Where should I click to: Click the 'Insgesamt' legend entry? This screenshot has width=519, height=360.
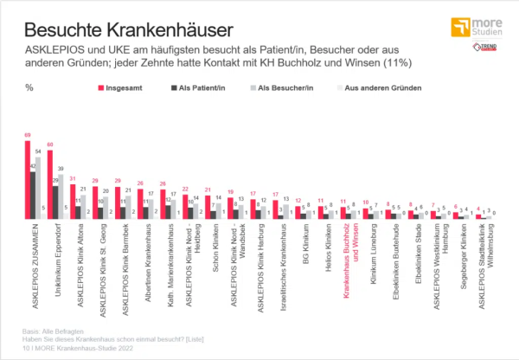coord(126,87)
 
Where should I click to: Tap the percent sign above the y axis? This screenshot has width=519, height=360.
coord(29,87)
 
